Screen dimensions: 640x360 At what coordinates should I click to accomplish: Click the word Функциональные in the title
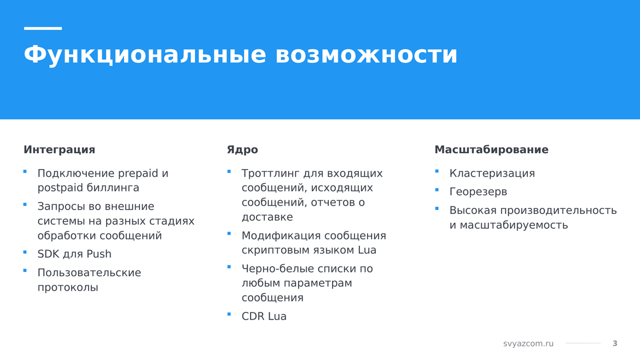coord(145,55)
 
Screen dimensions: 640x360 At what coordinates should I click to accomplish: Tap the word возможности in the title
coord(366,55)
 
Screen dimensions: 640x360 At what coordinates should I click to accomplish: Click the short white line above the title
coord(43,28)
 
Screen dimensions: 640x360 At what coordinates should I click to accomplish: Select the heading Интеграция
coord(59,150)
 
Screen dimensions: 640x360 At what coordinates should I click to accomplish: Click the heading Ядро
coord(242,150)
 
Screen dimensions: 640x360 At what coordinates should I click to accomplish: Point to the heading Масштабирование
coord(491,150)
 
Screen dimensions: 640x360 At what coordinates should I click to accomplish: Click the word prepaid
coord(138,173)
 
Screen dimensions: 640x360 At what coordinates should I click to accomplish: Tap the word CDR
coord(253,316)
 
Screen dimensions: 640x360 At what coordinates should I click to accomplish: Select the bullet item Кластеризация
coord(492,173)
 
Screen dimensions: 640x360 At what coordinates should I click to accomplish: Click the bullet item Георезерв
coord(479,192)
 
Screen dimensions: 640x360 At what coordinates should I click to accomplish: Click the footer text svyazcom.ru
coord(528,344)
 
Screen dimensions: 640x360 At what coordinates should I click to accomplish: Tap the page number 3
coord(615,344)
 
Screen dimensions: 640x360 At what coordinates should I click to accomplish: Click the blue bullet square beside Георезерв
coord(437,190)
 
